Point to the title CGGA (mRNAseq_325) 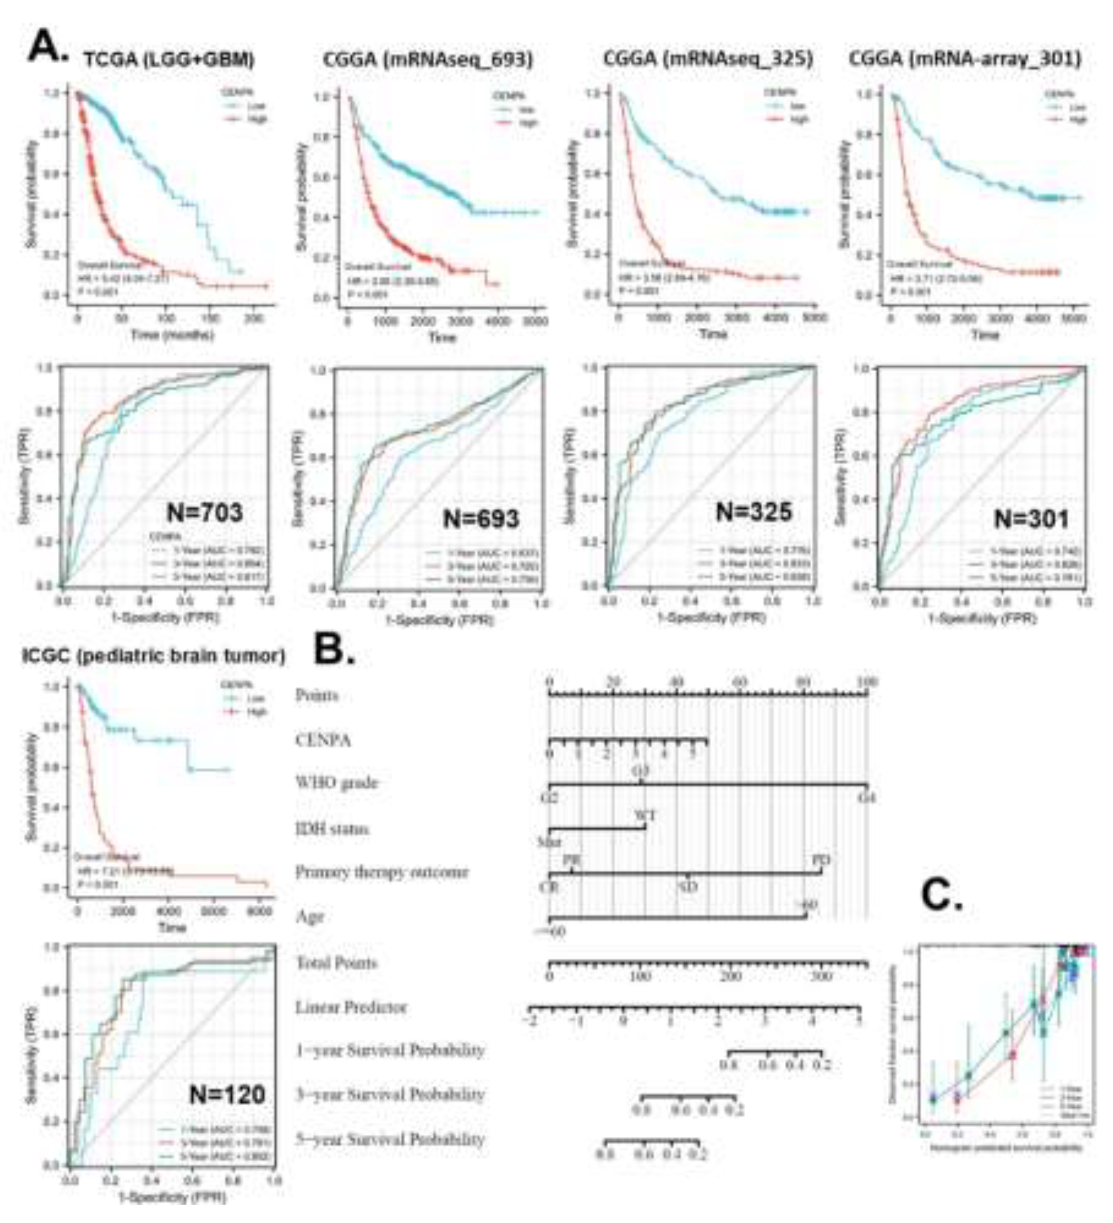tap(708, 59)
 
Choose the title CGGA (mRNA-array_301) tap(964, 59)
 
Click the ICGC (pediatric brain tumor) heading tap(153, 656)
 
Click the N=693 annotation tap(481, 519)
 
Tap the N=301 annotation tap(1031, 519)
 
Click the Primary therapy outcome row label tap(382, 872)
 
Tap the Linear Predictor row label tap(351, 1008)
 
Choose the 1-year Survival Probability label tap(390, 1050)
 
